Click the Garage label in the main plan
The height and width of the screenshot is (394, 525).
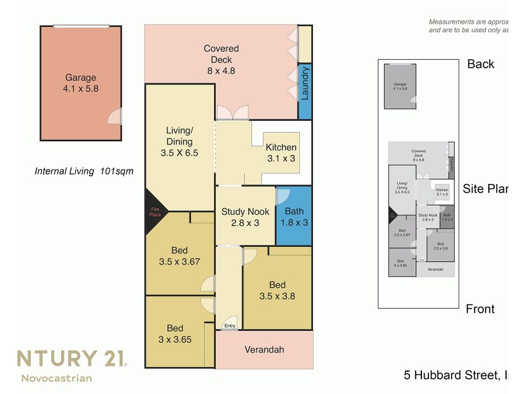[81, 83]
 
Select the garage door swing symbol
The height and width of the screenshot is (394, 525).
[115, 117]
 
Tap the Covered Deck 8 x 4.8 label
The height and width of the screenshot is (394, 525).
[221, 60]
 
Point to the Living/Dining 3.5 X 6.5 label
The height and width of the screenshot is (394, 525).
[179, 142]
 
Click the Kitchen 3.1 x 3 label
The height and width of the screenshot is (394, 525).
[281, 152]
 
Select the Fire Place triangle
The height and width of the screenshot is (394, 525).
[154, 211]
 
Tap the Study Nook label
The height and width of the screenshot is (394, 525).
[245, 217]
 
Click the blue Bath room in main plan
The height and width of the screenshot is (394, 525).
[293, 217]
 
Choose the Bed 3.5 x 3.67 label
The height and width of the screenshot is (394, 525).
[179, 256]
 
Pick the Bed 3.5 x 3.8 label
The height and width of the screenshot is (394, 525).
[277, 290]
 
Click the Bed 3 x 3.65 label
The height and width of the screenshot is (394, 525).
[175, 334]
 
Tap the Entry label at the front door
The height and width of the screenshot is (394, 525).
[230, 326]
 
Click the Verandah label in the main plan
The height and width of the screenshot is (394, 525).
[264, 349]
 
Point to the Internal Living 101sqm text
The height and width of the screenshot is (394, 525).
[84, 171]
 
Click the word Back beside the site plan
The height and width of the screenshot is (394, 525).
[480, 64]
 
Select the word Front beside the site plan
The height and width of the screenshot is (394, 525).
[480, 309]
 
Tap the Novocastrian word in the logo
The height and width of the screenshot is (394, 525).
[56, 378]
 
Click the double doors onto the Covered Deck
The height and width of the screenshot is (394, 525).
[232, 113]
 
